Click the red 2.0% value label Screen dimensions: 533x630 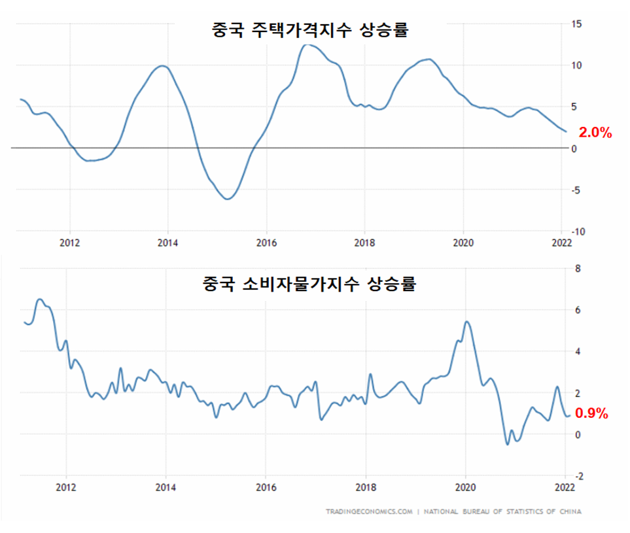coord(595,133)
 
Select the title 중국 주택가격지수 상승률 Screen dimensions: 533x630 coord(310,31)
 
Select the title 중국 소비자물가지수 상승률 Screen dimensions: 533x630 coord(310,285)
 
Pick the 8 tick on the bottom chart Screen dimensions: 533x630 coord(577,268)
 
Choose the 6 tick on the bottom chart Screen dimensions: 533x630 coord(577,310)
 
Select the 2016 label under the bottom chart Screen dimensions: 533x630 coord(265,487)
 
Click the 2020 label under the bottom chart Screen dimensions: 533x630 coord(465,487)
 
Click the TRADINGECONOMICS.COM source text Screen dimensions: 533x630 coord(369,511)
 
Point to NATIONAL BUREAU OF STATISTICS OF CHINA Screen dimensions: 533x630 coord(503,511)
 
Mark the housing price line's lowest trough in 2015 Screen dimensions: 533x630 coord(227,199)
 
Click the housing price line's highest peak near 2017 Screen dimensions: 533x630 coord(306,44)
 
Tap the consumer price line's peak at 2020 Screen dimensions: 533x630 coord(466,322)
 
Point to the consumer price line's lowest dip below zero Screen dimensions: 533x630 coord(507,445)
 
